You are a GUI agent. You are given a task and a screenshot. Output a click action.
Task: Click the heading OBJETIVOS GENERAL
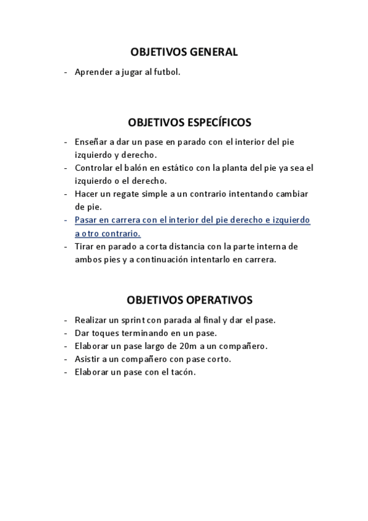pyautogui.click(x=184, y=52)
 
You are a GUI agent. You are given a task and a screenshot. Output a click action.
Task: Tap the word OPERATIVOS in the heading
pyautogui.click(x=216, y=300)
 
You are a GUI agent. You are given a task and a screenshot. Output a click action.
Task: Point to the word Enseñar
pyautogui.click(x=91, y=142)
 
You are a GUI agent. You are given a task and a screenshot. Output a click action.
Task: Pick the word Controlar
pyautogui.click(x=94, y=168)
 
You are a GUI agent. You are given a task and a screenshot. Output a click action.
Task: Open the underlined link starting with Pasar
pyautogui.click(x=192, y=220)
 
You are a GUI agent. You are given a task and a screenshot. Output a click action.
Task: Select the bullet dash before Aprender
pyautogui.click(x=66, y=72)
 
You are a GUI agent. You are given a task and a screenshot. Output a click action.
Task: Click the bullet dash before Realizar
pyautogui.click(x=66, y=320)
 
